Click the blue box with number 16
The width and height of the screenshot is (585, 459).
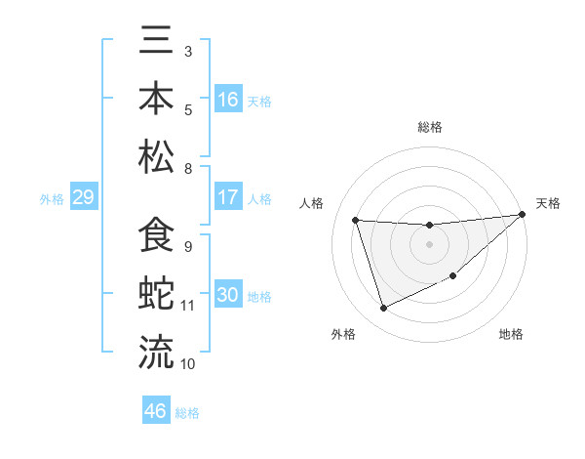click(x=228, y=100)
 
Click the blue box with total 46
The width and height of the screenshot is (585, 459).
click(x=156, y=411)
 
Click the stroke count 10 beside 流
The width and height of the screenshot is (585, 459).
click(x=188, y=363)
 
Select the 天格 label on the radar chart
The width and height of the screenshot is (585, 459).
click(x=549, y=203)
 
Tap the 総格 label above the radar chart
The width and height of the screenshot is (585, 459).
click(x=430, y=127)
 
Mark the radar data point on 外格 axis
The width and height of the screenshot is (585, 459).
click(x=384, y=309)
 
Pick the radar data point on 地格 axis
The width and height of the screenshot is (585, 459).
click(x=453, y=275)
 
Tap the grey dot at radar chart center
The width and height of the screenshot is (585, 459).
click(x=429, y=244)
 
